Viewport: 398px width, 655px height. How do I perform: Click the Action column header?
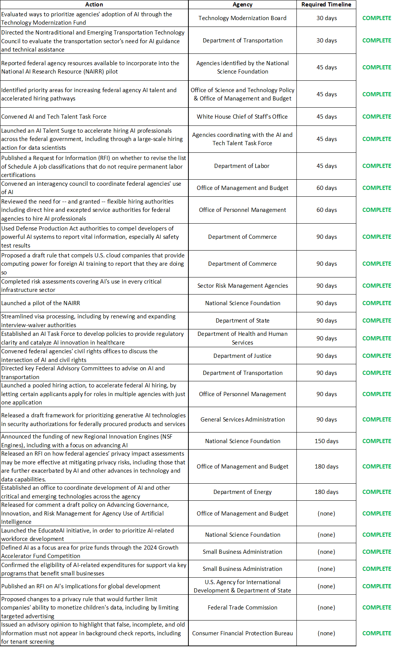pyautogui.click(x=94, y=5)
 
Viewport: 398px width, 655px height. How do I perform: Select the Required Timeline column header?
pyautogui.click(x=326, y=5)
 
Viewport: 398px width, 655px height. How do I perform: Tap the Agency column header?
pyautogui.click(x=242, y=5)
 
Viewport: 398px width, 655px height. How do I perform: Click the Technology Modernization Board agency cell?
pyautogui.click(x=242, y=18)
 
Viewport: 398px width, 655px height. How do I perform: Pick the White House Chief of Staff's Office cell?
pyautogui.click(x=242, y=117)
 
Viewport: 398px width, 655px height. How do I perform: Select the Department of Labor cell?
pyautogui.click(x=242, y=166)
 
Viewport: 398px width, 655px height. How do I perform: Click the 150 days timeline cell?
pyautogui.click(x=326, y=441)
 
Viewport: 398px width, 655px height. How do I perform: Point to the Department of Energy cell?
pyautogui.click(x=242, y=492)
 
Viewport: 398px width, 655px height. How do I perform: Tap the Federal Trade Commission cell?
pyautogui.click(x=242, y=608)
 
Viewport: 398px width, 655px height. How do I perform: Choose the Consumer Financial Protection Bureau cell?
pyautogui.click(x=242, y=633)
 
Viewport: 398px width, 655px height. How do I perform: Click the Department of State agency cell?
pyautogui.click(x=242, y=321)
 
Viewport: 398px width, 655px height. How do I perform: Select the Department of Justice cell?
pyautogui.click(x=242, y=356)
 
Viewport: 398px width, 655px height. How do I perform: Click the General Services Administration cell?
pyautogui.click(x=242, y=420)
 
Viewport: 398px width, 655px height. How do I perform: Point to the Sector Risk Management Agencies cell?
pyautogui.click(x=242, y=286)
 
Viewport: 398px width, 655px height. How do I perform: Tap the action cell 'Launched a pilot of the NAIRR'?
pyautogui.click(x=41, y=303)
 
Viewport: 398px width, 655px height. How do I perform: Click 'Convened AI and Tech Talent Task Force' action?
pyautogui.click(x=54, y=117)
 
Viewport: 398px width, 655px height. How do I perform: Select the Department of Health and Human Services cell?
pyautogui.click(x=242, y=338)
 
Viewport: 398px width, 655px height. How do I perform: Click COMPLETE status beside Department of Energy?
pyautogui.click(x=376, y=492)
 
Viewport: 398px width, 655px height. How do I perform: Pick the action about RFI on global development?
pyautogui.click(x=81, y=586)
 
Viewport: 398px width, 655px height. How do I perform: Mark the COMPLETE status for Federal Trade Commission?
pyautogui.click(x=376, y=608)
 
